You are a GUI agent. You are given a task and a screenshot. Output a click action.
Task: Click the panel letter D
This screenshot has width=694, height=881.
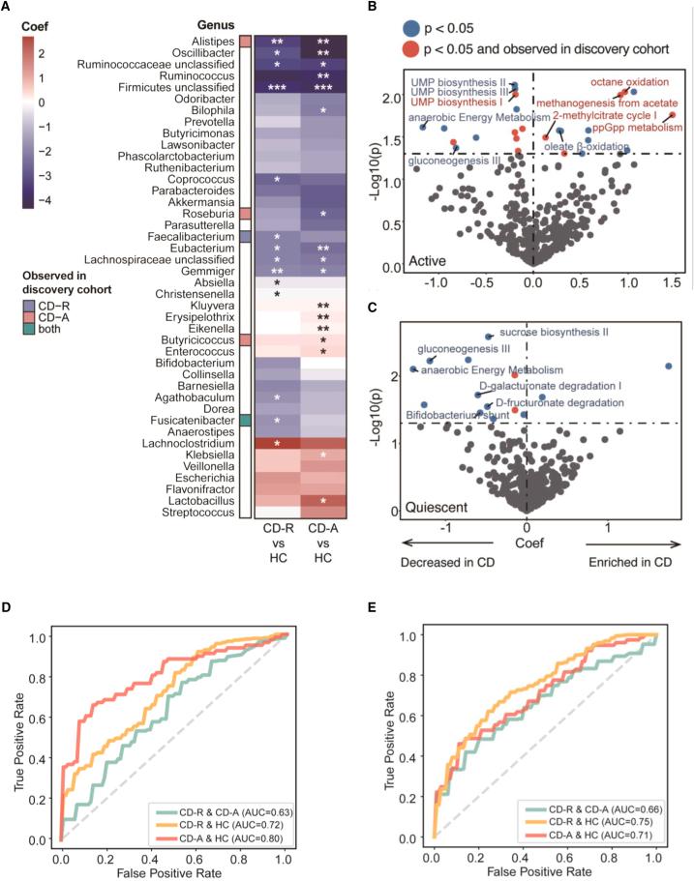(x=8, y=612)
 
